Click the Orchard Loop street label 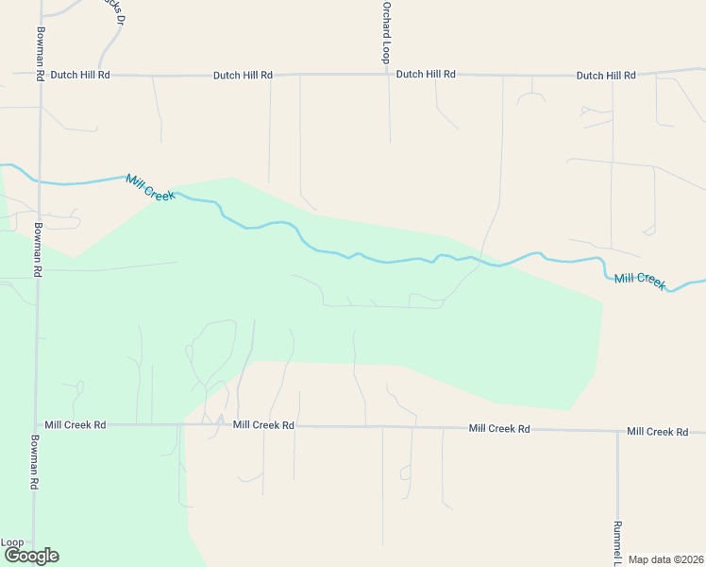point(386,32)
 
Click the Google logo point(31,556)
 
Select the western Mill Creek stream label point(150,187)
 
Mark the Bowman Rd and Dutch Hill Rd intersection point(40,74)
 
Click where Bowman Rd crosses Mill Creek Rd point(38,425)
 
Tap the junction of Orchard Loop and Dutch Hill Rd point(387,73)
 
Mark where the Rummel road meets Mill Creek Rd point(617,431)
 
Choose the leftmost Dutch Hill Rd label point(80,74)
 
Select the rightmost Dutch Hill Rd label point(606,75)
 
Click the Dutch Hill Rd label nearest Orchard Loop point(426,74)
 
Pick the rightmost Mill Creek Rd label point(657,432)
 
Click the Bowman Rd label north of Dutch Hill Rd point(41,38)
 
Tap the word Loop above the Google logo point(12,542)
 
